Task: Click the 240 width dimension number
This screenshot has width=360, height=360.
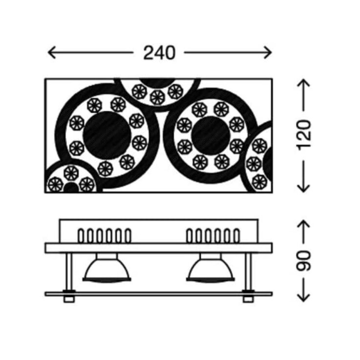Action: [159, 53]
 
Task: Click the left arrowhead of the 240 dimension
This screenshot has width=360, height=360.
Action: [52, 52]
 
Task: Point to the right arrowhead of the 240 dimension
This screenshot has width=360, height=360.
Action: [268, 52]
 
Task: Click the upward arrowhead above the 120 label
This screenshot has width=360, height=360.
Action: [303, 83]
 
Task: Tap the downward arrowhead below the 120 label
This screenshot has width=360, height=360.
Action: [303, 188]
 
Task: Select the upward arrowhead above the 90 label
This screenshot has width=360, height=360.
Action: [303, 224]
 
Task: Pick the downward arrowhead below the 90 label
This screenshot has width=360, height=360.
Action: [303, 298]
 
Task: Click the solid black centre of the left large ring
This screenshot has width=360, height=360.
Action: [107, 135]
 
